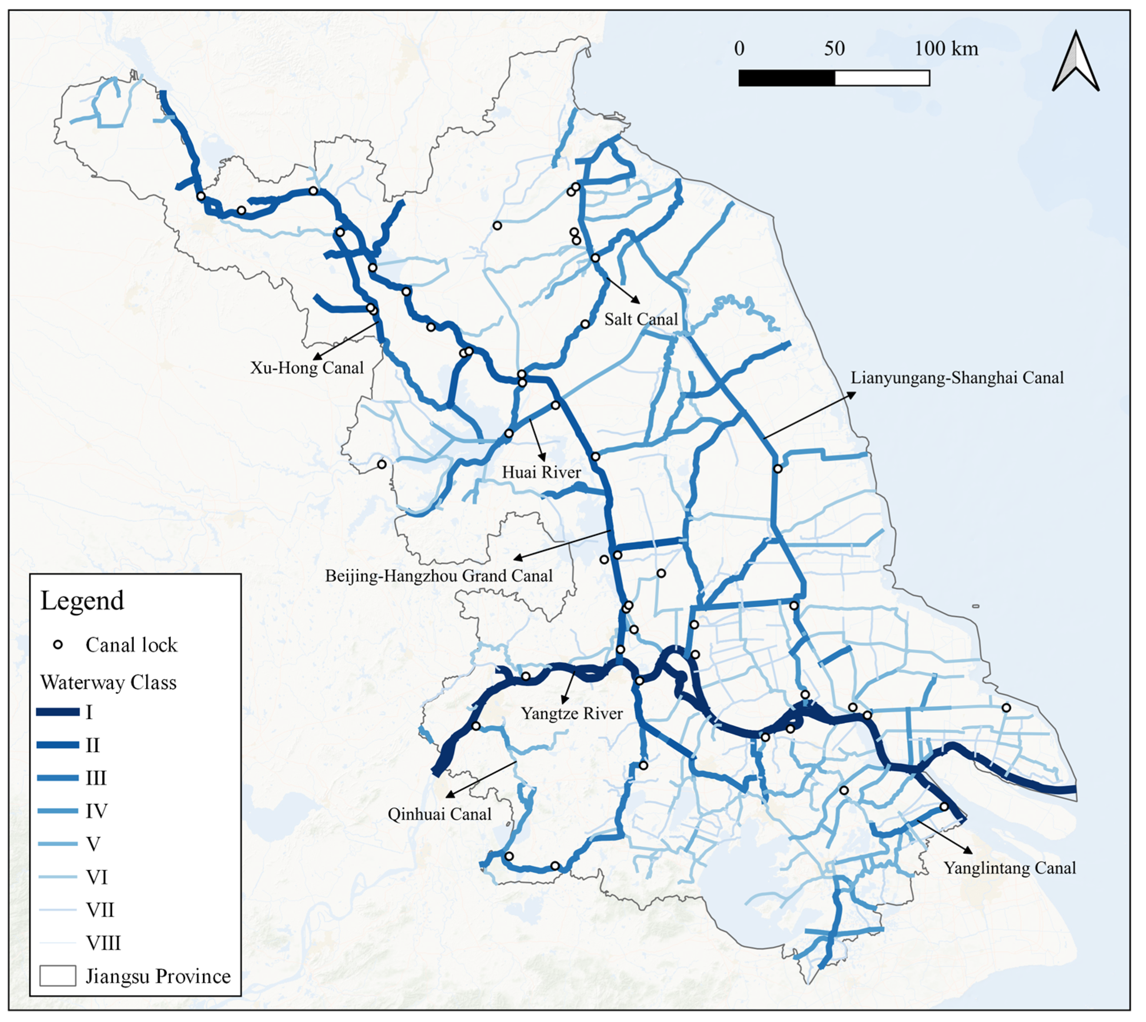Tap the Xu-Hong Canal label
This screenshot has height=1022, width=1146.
point(307,368)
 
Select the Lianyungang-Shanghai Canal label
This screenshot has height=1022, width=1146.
point(957,378)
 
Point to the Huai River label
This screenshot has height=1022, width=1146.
point(541,472)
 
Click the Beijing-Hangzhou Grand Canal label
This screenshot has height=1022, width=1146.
point(438,576)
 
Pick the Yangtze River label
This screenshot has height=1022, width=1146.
point(571,714)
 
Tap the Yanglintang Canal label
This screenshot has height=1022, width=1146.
point(1010,868)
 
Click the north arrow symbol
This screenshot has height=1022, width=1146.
point(1075,62)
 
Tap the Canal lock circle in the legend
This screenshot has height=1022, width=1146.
point(57,645)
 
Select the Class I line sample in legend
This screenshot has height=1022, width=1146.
point(57,713)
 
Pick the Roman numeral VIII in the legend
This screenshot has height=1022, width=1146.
point(103,943)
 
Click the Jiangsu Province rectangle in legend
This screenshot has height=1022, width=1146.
point(57,976)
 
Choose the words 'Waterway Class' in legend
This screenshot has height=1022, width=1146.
point(108,683)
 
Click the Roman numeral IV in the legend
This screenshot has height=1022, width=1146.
point(96,811)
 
